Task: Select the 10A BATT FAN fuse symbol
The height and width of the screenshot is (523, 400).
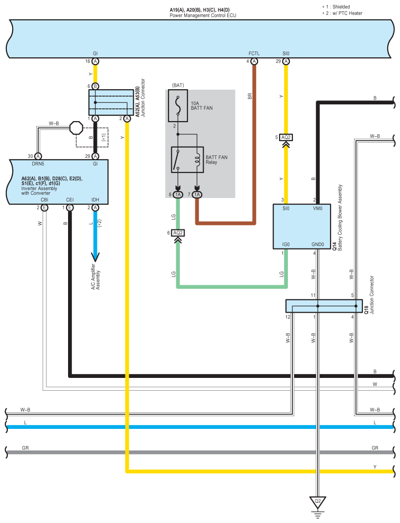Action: coord(178,106)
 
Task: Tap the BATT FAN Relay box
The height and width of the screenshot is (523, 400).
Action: coord(187,160)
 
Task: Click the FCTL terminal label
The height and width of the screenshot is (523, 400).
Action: coord(254,53)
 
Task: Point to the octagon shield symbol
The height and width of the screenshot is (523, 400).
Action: coord(76,128)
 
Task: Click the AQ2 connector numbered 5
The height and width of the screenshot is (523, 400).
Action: coord(286,137)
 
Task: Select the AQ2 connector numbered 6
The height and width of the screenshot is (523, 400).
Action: coord(178,233)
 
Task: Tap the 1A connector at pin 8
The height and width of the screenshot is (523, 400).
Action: coord(178,195)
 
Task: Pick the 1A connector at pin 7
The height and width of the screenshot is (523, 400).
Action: coord(197,195)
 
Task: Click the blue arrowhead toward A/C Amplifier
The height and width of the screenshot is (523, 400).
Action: coord(95,257)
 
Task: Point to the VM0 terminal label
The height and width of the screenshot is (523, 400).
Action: coord(318,208)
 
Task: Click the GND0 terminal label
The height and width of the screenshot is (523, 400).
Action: coord(318,245)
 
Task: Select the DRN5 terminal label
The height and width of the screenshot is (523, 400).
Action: coord(38,164)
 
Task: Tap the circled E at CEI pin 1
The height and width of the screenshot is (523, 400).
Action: coord(70,208)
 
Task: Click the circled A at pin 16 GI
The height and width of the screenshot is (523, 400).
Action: coord(95,61)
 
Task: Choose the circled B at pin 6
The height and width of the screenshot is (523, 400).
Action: coord(95,86)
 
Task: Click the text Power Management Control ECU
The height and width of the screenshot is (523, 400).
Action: coord(203,15)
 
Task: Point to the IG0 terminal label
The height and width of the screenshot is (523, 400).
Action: coord(286,245)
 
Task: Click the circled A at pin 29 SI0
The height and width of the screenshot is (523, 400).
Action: coord(286,61)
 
